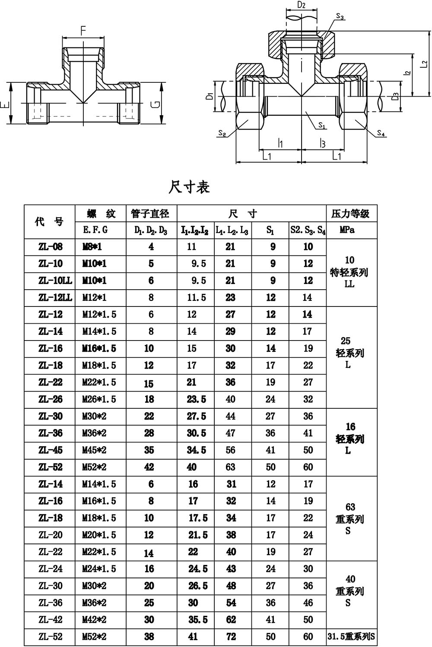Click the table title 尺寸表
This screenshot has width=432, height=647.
(189, 187)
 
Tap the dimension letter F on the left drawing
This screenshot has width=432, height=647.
(83, 30)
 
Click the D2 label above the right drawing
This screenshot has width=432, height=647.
(302, 6)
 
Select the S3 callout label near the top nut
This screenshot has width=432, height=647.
(340, 17)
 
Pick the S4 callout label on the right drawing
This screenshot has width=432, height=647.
(381, 133)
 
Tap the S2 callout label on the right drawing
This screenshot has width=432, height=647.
(222, 133)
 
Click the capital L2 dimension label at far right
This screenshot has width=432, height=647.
(424, 63)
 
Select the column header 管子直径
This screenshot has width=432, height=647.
(151, 213)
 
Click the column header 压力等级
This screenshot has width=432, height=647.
(350, 213)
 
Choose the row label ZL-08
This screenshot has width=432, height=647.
(51, 247)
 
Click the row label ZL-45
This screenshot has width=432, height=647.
(51, 450)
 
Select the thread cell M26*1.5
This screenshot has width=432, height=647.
(99, 399)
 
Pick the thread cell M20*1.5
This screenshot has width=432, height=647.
(99, 535)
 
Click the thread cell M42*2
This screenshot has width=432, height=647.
(94, 619)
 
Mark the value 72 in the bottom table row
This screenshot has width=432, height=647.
(231, 637)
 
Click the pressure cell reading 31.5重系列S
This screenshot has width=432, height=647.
(351, 637)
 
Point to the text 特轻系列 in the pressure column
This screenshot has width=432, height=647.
(349, 272)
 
